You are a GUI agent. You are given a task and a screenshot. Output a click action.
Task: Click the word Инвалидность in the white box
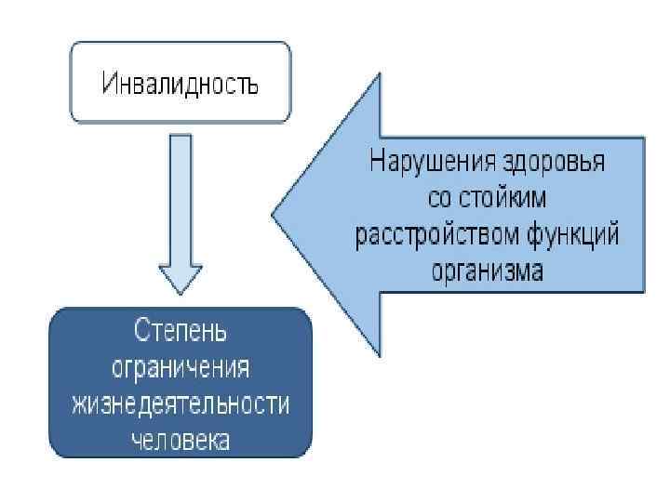[x=181, y=86]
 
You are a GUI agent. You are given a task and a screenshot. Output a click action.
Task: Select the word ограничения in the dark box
[x=181, y=367]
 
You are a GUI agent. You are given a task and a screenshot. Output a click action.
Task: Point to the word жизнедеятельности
[x=181, y=403]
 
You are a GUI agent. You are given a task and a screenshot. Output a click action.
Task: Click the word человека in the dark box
[x=181, y=439]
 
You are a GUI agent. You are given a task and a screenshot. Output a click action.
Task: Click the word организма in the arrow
[x=488, y=271]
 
